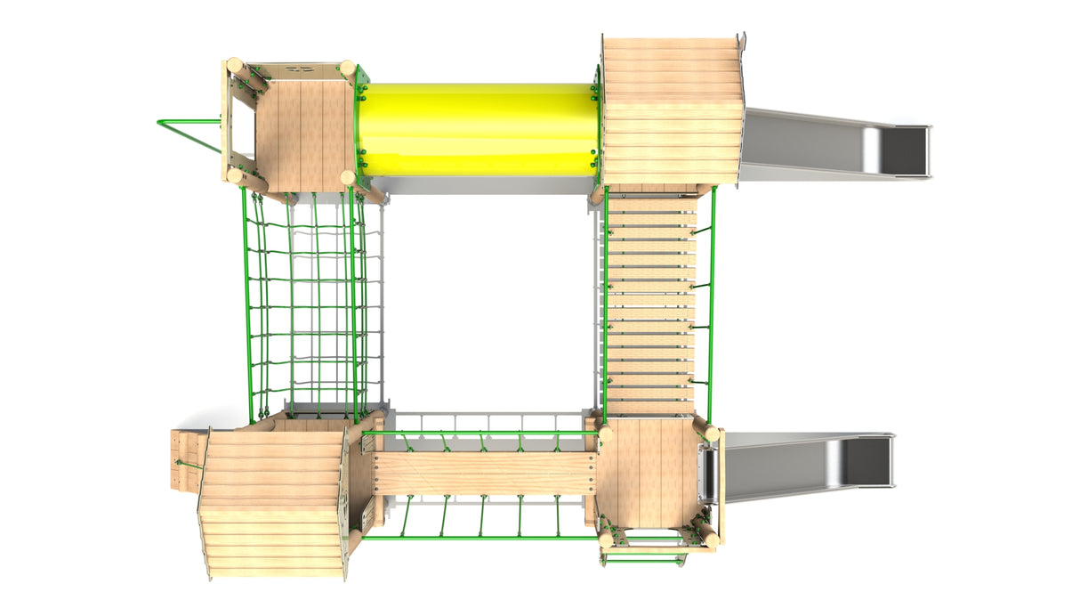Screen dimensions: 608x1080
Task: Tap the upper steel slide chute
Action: coord(818,143)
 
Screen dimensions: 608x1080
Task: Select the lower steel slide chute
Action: coord(801,465)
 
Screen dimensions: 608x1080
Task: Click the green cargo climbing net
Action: coord(302,303)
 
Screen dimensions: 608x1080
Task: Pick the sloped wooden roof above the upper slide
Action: coord(673,110)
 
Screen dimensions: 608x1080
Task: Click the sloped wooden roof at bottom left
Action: coord(271,503)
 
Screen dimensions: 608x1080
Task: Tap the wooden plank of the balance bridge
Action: coord(485,473)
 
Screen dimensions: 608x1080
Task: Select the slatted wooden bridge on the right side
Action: coord(650,303)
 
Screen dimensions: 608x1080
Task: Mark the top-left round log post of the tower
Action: coord(235,66)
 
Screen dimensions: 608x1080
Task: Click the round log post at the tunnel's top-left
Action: coord(348,69)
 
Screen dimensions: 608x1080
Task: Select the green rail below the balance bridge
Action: coord(480,537)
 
